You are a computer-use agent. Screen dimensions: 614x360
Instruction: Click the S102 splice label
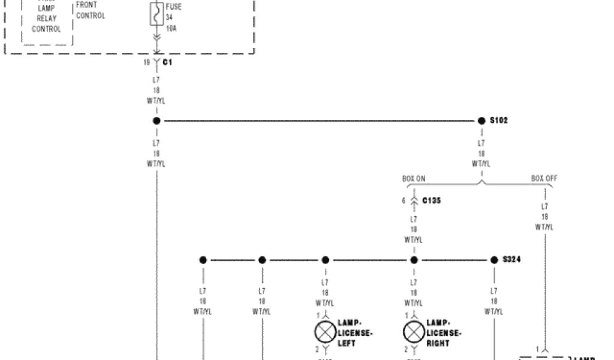pyautogui.click(x=499, y=121)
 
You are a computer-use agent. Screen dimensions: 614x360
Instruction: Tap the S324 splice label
pyautogui.click(x=511, y=260)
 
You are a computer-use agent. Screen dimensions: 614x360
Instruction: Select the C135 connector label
pyautogui.click(x=432, y=200)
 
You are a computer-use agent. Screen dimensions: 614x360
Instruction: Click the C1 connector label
pyautogui.click(x=167, y=62)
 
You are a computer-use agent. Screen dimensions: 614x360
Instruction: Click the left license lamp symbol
pyautogui.click(x=325, y=332)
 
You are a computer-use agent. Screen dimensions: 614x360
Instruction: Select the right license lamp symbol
pyautogui.click(x=413, y=332)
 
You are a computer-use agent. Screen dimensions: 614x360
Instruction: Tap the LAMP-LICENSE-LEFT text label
pyautogui.click(x=355, y=332)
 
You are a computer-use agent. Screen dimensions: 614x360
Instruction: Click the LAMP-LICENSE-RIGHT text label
pyautogui.click(x=444, y=332)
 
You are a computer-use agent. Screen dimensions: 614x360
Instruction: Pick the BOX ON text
pyautogui.click(x=414, y=179)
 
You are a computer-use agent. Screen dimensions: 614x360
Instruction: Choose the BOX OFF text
pyautogui.click(x=544, y=179)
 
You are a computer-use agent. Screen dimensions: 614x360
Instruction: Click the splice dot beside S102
pyautogui.click(x=481, y=121)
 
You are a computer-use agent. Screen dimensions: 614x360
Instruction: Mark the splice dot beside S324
pyautogui.click(x=494, y=260)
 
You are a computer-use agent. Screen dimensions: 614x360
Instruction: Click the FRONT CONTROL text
pyautogui.click(x=91, y=10)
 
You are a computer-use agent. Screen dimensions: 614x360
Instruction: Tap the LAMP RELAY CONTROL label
pyautogui.click(x=47, y=19)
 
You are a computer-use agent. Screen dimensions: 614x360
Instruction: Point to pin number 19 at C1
pyautogui.click(x=147, y=62)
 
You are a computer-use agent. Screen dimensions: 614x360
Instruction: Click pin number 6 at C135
pyautogui.click(x=404, y=200)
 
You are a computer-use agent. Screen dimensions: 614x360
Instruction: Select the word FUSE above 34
pyautogui.click(x=174, y=7)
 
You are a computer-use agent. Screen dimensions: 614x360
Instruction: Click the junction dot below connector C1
pyautogui.click(x=156, y=121)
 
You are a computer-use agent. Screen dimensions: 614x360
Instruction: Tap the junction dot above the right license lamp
pyautogui.click(x=414, y=260)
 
